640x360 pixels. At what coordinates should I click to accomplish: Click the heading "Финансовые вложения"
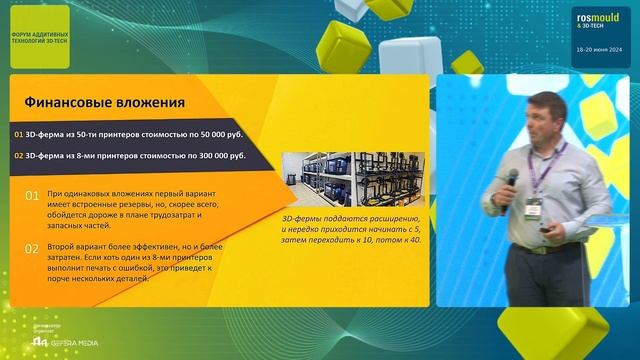coord(104,102)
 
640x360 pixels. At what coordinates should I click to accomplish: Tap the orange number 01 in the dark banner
coord(19,134)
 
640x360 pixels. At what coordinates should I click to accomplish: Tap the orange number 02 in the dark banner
coord(19,156)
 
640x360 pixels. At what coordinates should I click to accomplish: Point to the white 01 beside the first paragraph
coord(31,196)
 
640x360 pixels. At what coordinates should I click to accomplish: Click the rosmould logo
coord(597,21)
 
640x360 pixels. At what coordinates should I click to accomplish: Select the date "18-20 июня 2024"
coord(597,48)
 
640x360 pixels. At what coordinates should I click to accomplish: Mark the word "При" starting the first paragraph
coord(55,190)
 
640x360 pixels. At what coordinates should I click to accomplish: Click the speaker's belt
coord(544,246)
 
